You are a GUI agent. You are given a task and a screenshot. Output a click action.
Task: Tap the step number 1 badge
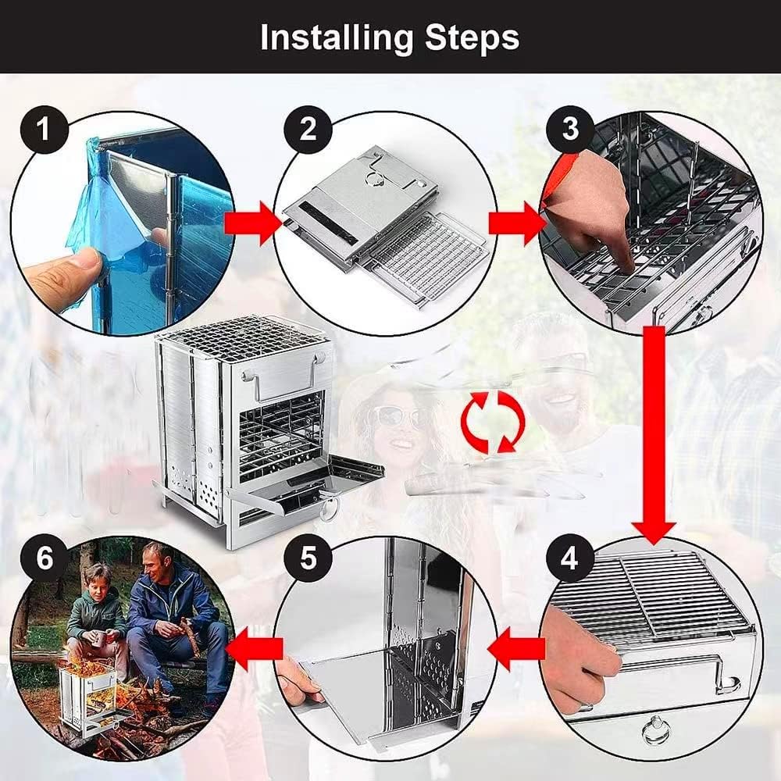point(44,127)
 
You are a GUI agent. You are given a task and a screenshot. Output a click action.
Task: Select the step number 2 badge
point(308,127)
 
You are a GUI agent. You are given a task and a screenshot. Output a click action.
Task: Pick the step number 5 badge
point(308,559)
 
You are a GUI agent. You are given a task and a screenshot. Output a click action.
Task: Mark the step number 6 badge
point(45,559)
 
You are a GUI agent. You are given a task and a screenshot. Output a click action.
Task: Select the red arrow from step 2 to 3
point(516,223)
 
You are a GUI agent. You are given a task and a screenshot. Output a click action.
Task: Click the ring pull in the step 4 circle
point(654,734)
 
